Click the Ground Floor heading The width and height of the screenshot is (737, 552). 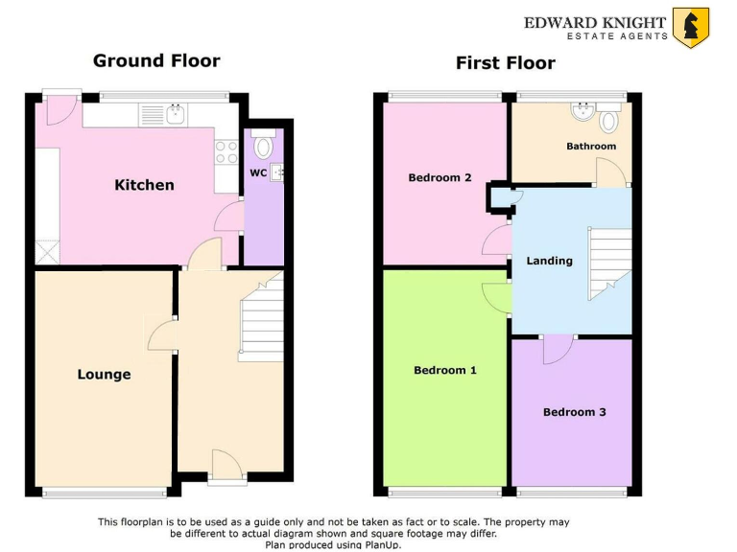point(156,60)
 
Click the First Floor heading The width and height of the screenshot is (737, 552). point(505,63)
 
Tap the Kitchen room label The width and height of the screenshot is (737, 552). point(144,184)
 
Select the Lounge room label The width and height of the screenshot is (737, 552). point(104,374)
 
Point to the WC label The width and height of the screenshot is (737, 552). point(257,173)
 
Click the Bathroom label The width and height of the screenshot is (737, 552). point(590,146)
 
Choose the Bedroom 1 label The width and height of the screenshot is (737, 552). point(444,370)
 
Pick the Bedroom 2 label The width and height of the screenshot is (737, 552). point(440,177)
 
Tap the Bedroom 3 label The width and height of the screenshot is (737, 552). point(574,412)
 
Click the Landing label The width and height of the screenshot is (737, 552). point(549,261)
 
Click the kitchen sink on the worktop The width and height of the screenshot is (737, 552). point(176,115)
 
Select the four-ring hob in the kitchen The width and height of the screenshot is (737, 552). point(226,152)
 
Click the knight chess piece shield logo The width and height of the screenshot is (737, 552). point(690,27)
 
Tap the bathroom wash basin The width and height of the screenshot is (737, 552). point(582,111)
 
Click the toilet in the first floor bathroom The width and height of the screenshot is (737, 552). point(608,120)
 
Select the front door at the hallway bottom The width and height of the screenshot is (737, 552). point(226,465)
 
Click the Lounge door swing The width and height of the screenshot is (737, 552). point(161,334)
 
